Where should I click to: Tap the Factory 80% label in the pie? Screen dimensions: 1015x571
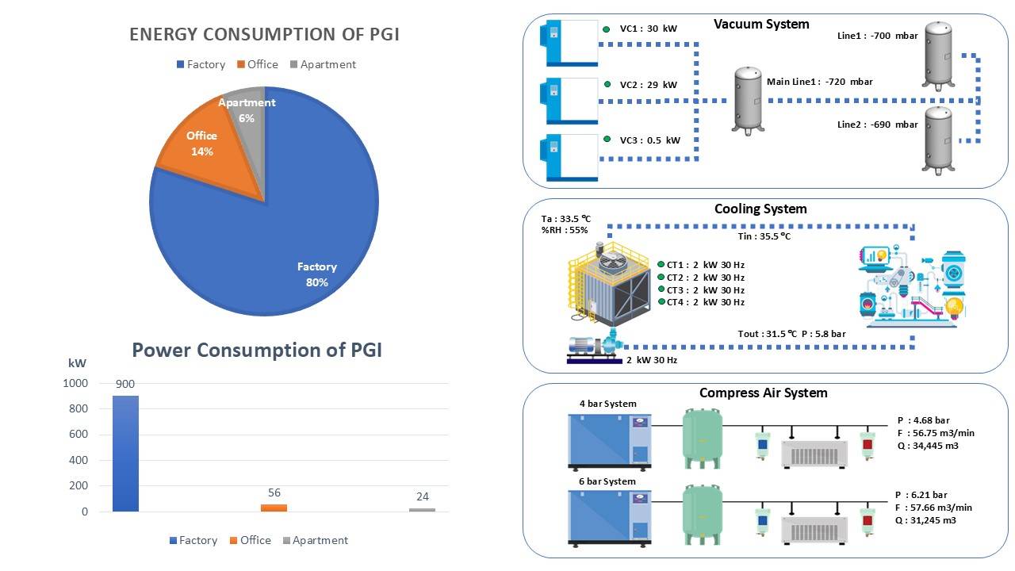click(316, 274)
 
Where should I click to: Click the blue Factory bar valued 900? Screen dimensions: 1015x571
click(125, 454)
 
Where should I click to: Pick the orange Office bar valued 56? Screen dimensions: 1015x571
click(274, 508)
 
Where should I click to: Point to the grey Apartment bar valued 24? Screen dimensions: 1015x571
click(422, 510)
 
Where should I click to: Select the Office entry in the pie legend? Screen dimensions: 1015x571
click(258, 64)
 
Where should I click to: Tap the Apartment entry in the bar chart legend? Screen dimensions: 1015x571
click(316, 540)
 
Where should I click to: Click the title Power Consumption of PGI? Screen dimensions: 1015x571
click(257, 351)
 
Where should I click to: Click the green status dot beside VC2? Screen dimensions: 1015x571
click(607, 84)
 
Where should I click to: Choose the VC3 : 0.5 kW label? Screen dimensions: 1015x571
click(649, 140)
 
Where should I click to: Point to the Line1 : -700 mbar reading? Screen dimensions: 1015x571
click(877, 36)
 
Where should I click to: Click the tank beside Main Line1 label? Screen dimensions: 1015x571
click(748, 100)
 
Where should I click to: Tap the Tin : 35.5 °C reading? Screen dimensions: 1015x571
click(764, 236)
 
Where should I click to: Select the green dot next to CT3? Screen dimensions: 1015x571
click(661, 289)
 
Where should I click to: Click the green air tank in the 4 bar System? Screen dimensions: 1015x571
click(703, 439)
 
